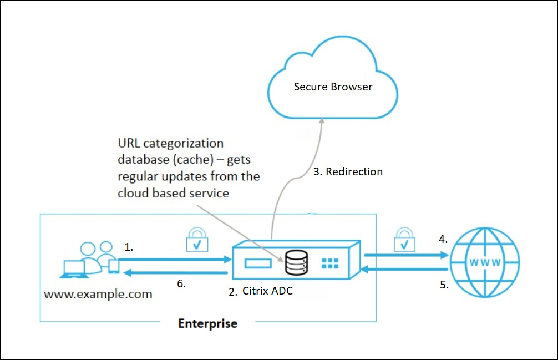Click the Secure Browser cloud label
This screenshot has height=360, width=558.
(333, 87)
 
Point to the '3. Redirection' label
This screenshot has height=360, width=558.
(348, 171)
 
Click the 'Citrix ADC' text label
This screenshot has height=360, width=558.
(267, 291)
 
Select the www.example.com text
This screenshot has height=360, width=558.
(98, 293)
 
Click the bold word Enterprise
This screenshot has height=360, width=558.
(207, 323)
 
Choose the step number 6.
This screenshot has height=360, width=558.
(181, 283)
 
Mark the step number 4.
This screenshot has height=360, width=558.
(443, 240)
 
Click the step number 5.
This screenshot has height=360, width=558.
(443, 285)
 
